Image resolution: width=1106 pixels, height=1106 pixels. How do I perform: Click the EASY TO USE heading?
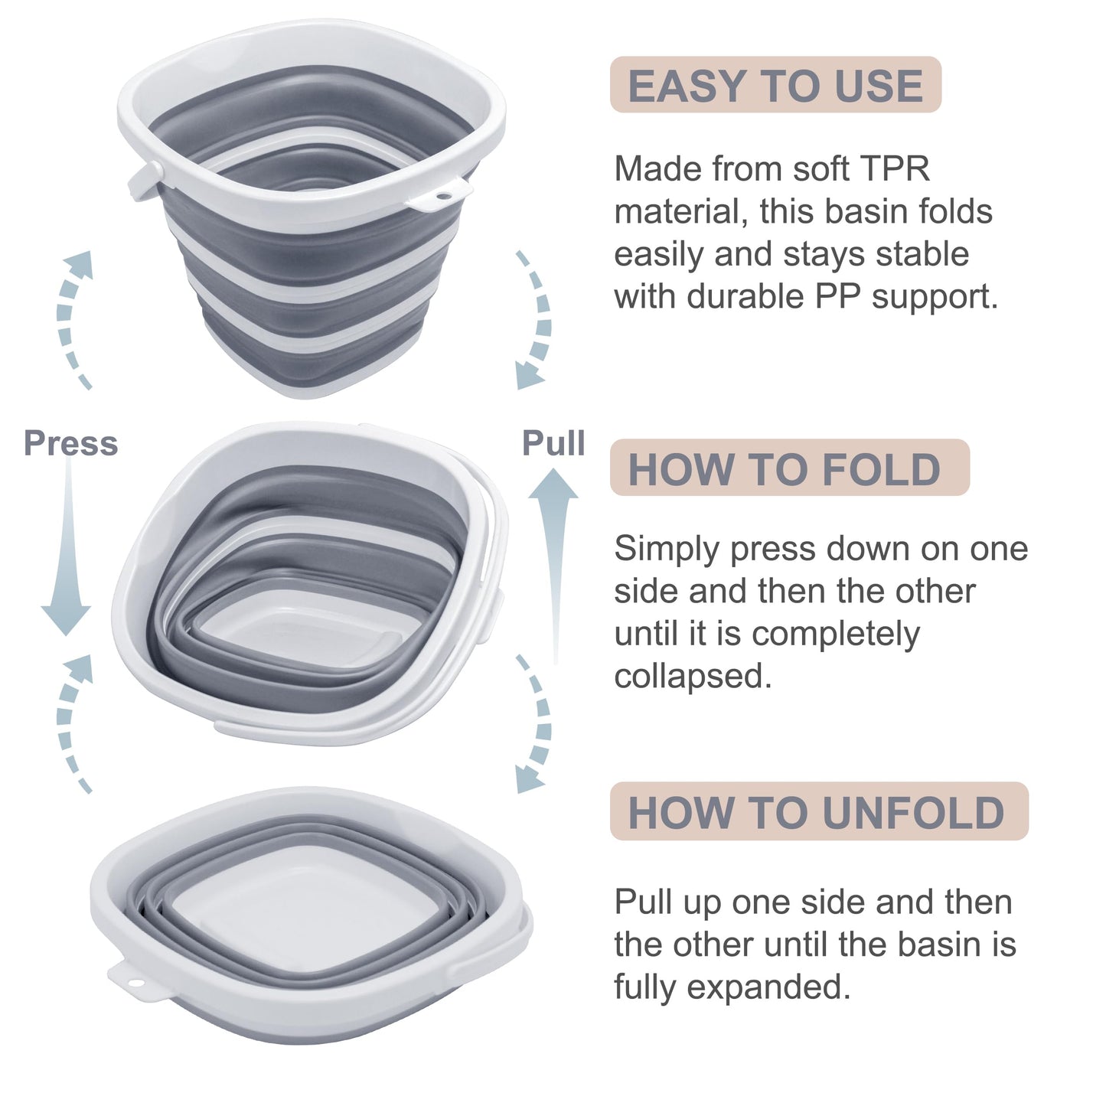775,85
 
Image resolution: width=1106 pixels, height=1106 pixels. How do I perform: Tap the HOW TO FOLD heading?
784,468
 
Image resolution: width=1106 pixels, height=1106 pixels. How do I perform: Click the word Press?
70,444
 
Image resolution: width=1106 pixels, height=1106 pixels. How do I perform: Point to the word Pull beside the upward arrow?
553,444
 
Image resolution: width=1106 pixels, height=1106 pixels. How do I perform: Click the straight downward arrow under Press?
67,551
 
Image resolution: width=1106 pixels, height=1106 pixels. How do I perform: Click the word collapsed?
692,677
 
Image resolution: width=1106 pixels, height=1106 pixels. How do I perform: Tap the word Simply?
667,550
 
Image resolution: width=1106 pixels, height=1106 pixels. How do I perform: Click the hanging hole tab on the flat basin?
132,981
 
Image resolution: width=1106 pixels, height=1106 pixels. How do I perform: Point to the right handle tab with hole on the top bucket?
442,196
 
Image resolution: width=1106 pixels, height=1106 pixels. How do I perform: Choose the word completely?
835,635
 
